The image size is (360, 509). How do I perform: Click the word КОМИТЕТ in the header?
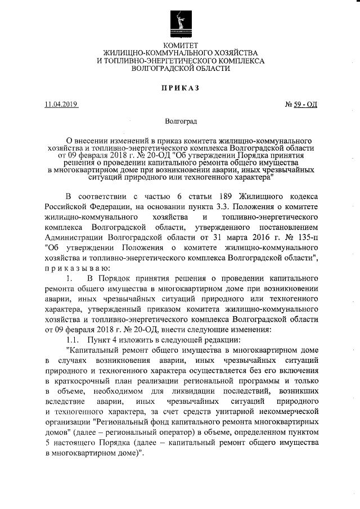coord(180,44)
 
